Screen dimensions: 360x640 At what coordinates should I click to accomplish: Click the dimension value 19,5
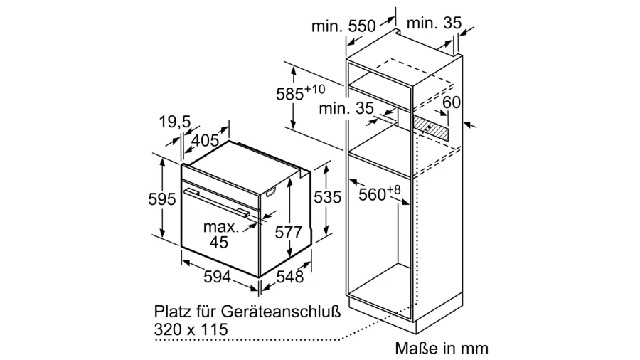pyautogui.click(x=174, y=123)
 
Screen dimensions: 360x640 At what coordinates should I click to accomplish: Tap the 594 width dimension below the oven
pyautogui.click(x=218, y=277)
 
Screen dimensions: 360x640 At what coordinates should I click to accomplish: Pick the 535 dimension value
pyautogui.click(x=329, y=198)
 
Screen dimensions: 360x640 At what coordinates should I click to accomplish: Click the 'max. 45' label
pyautogui.click(x=220, y=235)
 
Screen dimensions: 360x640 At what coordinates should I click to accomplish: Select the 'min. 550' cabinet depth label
pyautogui.click(x=343, y=27)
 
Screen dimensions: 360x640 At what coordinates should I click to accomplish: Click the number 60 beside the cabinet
pyautogui.click(x=451, y=102)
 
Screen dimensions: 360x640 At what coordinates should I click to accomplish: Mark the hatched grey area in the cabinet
pyautogui.click(x=433, y=128)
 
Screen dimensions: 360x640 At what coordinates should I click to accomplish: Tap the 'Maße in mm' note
pyautogui.click(x=442, y=349)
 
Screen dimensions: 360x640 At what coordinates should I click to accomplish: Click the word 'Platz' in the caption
pyautogui.click(x=172, y=312)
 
